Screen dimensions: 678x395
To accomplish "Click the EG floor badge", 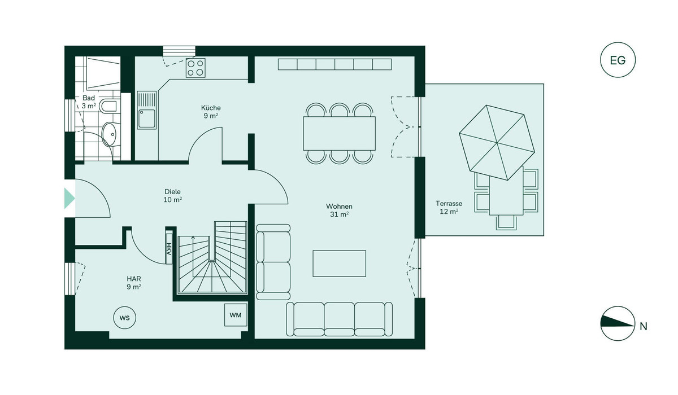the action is coord(618,60).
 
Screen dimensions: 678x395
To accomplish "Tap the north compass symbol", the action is coord(618,324).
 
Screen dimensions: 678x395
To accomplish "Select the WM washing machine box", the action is coord(236,315).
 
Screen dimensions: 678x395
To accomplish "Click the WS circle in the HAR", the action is coord(124,318).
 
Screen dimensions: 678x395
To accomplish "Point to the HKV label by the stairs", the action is coord(168,249).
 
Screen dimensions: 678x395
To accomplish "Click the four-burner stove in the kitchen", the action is coord(195,68).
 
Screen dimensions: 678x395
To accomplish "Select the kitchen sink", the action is coord(147,110).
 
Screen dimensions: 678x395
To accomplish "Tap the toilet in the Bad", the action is coord(108,107).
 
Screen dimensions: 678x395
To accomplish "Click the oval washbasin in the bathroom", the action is coord(109,134).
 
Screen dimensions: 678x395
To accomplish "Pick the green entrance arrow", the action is coord(69,198).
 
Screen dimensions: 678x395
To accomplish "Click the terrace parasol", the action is coord(497,142).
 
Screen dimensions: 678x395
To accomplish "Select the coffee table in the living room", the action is coord(340,263).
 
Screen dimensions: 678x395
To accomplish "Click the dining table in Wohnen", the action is coord(340,133).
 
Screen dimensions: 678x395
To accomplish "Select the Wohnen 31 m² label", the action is coord(339,210).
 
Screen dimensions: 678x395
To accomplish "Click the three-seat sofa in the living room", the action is coord(340,319).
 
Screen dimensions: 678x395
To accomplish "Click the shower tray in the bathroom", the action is coord(103,73).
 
